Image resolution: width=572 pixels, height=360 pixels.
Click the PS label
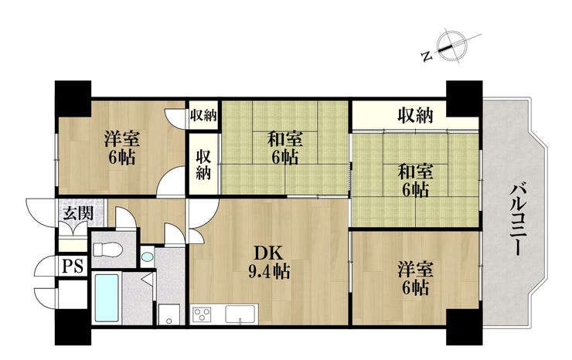point(72,266)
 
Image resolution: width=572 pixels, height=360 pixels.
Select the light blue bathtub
point(106,298)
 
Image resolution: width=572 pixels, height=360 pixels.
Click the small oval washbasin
point(147,256)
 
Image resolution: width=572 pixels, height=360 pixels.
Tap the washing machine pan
point(169,314)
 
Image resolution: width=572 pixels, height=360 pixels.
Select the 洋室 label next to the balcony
point(415,279)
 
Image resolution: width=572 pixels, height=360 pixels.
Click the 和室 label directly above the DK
point(284,148)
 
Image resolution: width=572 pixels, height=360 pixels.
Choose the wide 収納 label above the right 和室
point(416,116)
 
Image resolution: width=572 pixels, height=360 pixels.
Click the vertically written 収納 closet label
point(203,163)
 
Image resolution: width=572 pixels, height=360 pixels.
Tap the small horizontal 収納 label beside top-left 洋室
point(203,115)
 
